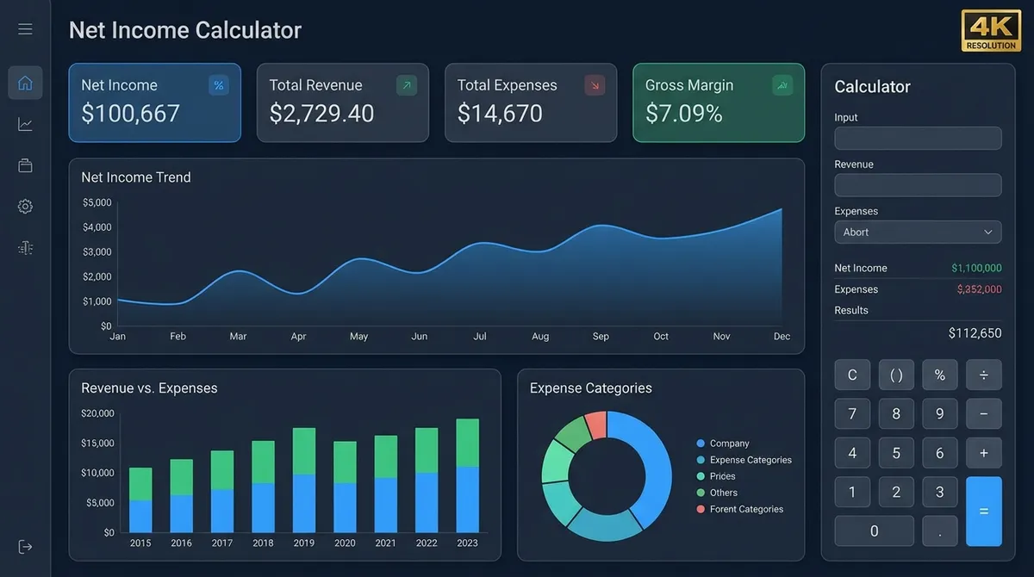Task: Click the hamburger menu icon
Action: [25, 29]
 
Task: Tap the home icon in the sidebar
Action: [25, 83]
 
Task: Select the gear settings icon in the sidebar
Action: [25, 207]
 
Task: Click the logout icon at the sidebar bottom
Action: [25, 547]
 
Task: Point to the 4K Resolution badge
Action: [991, 31]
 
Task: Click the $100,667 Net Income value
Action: [130, 114]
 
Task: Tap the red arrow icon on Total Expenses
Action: [595, 85]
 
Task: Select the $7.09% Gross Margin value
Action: [683, 114]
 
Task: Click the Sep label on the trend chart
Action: [601, 337]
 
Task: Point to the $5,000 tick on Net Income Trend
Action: [97, 203]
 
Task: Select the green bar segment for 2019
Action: [304, 451]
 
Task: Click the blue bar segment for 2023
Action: [467, 499]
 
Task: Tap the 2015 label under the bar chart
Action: [140, 543]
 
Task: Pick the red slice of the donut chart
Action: [596, 424]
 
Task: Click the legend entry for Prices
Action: [722, 476]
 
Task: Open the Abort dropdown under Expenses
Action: [918, 233]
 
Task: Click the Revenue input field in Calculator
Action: [918, 185]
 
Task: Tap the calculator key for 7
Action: [852, 414]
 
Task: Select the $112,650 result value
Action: [975, 333]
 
